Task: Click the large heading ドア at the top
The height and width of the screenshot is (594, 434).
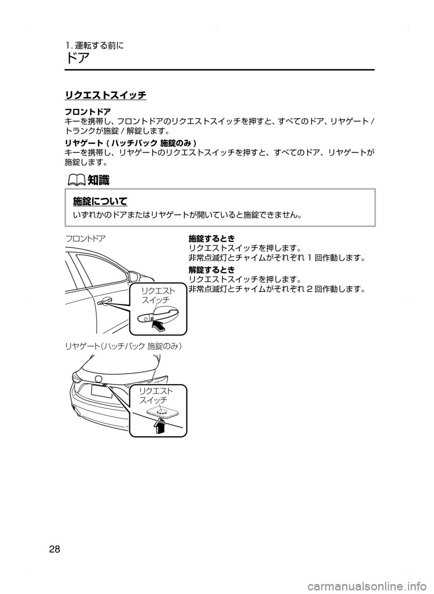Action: pos(77,58)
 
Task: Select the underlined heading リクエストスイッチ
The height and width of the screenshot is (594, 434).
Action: pos(105,95)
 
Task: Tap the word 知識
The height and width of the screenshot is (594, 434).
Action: pos(98,180)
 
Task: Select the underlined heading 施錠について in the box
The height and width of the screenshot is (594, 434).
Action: pos(100,201)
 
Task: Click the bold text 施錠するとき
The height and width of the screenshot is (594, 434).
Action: pos(211,238)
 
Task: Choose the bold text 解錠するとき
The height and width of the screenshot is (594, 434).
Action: pos(211,270)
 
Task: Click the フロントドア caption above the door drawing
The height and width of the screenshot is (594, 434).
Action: pos(86,238)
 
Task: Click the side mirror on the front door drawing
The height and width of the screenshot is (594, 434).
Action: pos(135,275)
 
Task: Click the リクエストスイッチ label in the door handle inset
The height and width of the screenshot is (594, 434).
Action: pos(156,295)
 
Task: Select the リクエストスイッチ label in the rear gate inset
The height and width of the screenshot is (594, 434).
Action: pos(156,395)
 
